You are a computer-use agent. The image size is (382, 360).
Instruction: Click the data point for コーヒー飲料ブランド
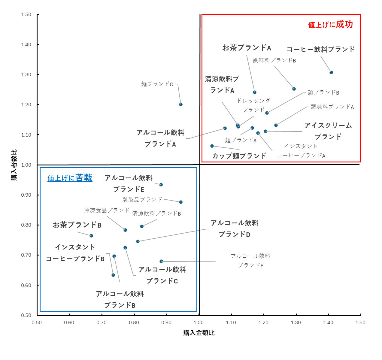[331, 72]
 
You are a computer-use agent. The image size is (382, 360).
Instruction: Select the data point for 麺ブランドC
[181, 104]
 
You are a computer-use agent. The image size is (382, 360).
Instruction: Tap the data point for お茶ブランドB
[91, 236]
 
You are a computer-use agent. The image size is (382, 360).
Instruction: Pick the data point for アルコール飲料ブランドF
[161, 261]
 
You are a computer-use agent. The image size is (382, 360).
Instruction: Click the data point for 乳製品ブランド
[181, 202]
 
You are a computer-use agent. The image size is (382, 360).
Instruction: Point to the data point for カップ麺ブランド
[212, 146]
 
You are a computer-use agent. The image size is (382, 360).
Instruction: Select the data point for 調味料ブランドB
[294, 89]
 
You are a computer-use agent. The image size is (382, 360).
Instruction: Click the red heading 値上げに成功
[330, 25]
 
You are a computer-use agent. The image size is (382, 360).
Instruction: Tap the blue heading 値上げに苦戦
[70, 178]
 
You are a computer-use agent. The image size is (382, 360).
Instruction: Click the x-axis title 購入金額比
[199, 333]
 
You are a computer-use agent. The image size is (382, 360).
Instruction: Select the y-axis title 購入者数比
[14, 165]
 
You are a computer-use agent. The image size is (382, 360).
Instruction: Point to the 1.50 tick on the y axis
[26, 15]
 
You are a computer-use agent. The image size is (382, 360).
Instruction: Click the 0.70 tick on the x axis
[102, 323]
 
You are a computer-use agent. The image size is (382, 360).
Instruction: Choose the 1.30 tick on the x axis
[296, 323]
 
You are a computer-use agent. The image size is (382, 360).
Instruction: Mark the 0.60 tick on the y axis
[26, 285]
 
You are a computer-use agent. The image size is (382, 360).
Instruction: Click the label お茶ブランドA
[247, 48]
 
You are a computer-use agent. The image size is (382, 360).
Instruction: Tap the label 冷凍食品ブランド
[107, 210]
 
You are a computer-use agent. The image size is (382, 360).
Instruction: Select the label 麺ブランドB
[323, 92]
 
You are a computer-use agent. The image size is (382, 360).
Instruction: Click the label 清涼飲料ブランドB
[156, 213]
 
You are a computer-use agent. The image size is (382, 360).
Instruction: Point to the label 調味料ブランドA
[332, 107]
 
